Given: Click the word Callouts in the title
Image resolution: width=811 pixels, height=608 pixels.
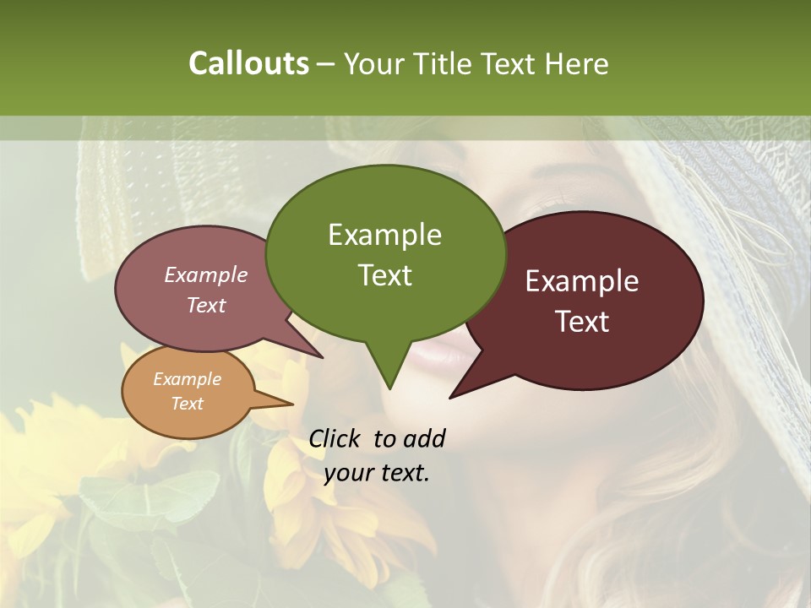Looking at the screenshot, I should [x=248, y=63].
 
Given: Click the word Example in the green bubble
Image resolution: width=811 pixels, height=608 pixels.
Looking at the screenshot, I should [x=384, y=235].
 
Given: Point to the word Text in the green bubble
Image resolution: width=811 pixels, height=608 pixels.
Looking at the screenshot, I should [x=384, y=275].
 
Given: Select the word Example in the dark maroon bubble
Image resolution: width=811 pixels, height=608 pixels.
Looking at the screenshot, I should [x=582, y=281].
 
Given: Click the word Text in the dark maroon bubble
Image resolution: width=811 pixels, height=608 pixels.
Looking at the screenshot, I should [x=582, y=322].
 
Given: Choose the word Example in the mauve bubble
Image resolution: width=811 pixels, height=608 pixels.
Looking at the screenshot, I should [x=206, y=274].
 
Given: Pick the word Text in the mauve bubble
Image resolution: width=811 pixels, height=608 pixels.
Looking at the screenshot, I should [x=206, y=305].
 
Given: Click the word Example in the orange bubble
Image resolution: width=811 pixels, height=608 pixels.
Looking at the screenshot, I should [x=187, y=379].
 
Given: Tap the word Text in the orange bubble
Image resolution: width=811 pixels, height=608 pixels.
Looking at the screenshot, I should [x=187, y=404].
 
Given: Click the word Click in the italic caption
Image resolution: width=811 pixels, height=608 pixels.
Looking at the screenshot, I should [x=335, y=438].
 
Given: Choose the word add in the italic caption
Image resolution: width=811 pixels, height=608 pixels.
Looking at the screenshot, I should [x=424, y=438].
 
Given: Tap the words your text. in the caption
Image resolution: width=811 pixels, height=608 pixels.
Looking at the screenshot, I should [x=377, y=473].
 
